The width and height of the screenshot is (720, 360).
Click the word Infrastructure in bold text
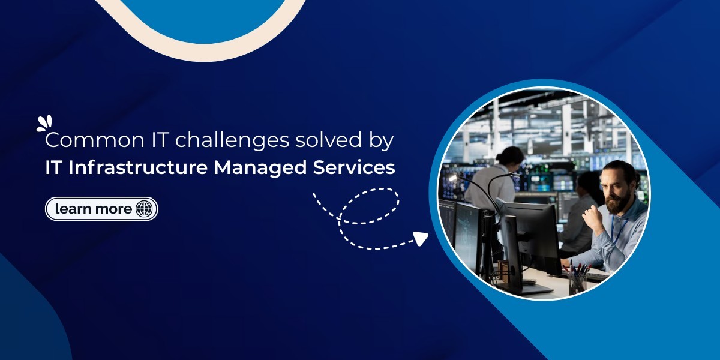pos(138,167)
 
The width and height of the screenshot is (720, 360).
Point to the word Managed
pos(260,169)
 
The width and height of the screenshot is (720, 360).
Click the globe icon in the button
pos(144,209)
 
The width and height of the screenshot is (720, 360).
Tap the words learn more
pos(93,209)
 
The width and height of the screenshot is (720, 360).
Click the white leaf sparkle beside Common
pos(44,124)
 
